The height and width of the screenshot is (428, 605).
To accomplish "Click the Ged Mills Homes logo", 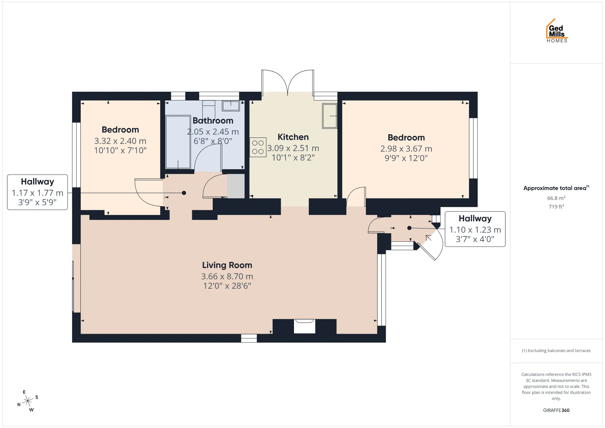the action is [557, 31].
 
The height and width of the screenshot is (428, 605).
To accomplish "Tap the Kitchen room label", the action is [293, 137].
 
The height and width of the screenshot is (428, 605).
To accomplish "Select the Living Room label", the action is [227, 265].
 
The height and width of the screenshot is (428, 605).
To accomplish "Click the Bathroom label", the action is [213, 121].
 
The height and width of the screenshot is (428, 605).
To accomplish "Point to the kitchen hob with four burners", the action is [258, 147].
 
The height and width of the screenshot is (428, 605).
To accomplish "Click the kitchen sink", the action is [330, 116].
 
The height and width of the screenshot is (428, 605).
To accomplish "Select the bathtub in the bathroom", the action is [178, 142].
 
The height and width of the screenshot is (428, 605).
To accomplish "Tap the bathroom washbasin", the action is [231, 106].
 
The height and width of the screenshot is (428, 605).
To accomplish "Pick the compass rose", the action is [28, 401].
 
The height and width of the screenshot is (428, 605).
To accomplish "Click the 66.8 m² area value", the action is [556, 198].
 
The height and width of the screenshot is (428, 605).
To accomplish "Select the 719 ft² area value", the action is [556, 206].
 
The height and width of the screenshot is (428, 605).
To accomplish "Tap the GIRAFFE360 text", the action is [556, 410].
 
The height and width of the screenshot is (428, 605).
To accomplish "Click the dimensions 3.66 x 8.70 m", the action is [227, 276].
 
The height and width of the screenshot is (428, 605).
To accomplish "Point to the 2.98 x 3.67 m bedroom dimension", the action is [406, 149].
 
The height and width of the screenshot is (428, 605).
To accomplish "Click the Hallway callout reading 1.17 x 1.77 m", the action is [37, 192].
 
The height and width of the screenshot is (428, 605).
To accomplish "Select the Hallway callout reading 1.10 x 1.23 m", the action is [475, 229].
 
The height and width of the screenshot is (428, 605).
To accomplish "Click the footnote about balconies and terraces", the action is [556, 350].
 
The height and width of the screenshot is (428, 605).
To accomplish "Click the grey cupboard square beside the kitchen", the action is [236, 186].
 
